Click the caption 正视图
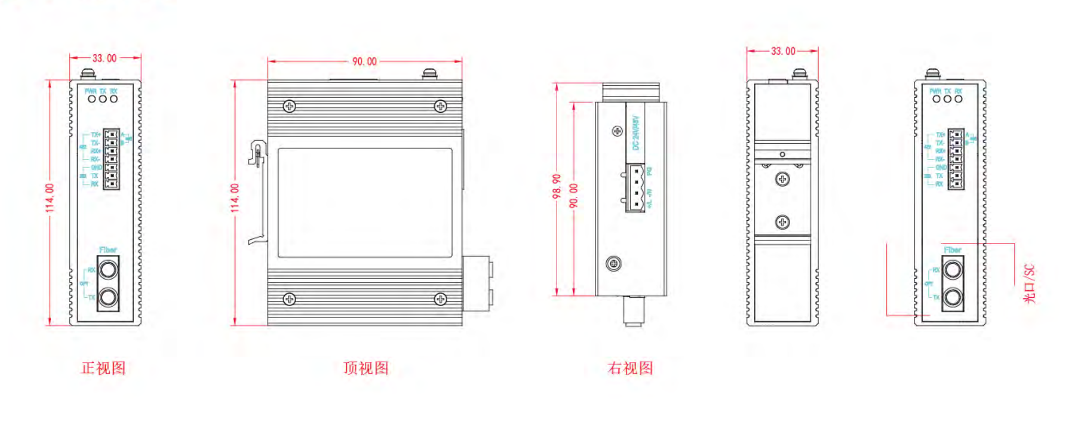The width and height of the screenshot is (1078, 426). click(104, 368)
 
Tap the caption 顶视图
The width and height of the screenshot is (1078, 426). click(366, 368)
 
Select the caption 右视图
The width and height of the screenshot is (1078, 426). click(630, 368)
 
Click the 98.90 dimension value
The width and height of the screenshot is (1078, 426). click(557, 186)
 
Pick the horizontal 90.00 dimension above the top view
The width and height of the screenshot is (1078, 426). click(365, 62)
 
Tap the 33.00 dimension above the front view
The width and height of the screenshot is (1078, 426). click(105, 58)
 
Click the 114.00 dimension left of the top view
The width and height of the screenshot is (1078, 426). click(235, 197)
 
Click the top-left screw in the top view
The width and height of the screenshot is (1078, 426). click(289, 106)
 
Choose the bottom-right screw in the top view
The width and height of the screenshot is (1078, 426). click(440, 299)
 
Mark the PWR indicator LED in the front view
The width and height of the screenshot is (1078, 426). click(92, 99)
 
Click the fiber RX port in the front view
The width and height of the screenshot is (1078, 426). click(108, 269)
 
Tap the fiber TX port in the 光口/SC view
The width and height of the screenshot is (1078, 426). click(953, 297)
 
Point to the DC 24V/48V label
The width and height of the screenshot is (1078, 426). click(636, 133)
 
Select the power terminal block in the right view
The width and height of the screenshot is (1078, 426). click(636, 188)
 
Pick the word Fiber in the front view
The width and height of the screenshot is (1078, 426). click(108, 250)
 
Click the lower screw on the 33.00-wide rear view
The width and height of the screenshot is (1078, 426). click(782, 222)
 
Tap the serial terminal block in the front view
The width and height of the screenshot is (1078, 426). click(111, 159)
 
